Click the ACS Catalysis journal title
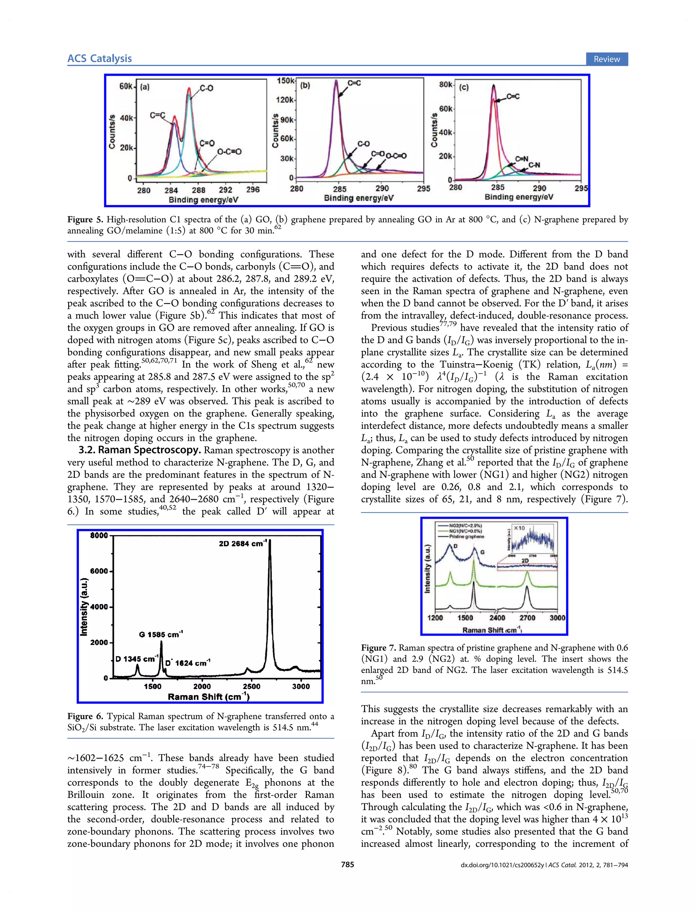pyautogui.click(x=100, y=58)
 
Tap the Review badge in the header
pyautogui.click(x=607, y=59)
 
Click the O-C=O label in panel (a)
pyautogui.click(x=229, y=152)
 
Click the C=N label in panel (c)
pyautogui.click(x=522, y=159)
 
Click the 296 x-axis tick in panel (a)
pyautogui.click(x=253, y=190)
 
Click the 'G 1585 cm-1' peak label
pyautogui.click(x=161, y=634)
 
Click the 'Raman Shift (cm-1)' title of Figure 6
pyautogui.click(x=208, y=697)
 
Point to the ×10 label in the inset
pyautogui.click(x=519, y=528)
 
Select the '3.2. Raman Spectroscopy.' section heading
pyautogui.click(x=140, y=450)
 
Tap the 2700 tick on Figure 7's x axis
pyautogui.click(x=527, y=618)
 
